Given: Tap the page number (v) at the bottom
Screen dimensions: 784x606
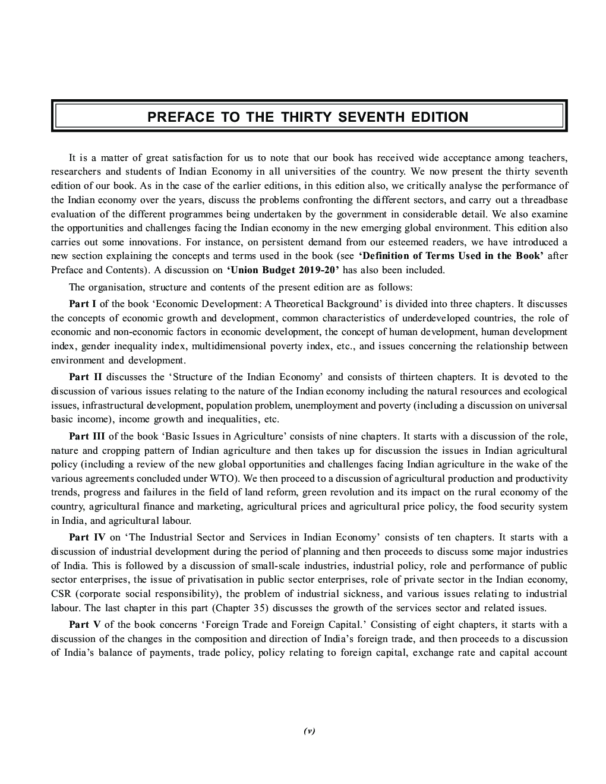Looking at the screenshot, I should (309, 731).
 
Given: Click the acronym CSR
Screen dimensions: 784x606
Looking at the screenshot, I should (61, 594).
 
